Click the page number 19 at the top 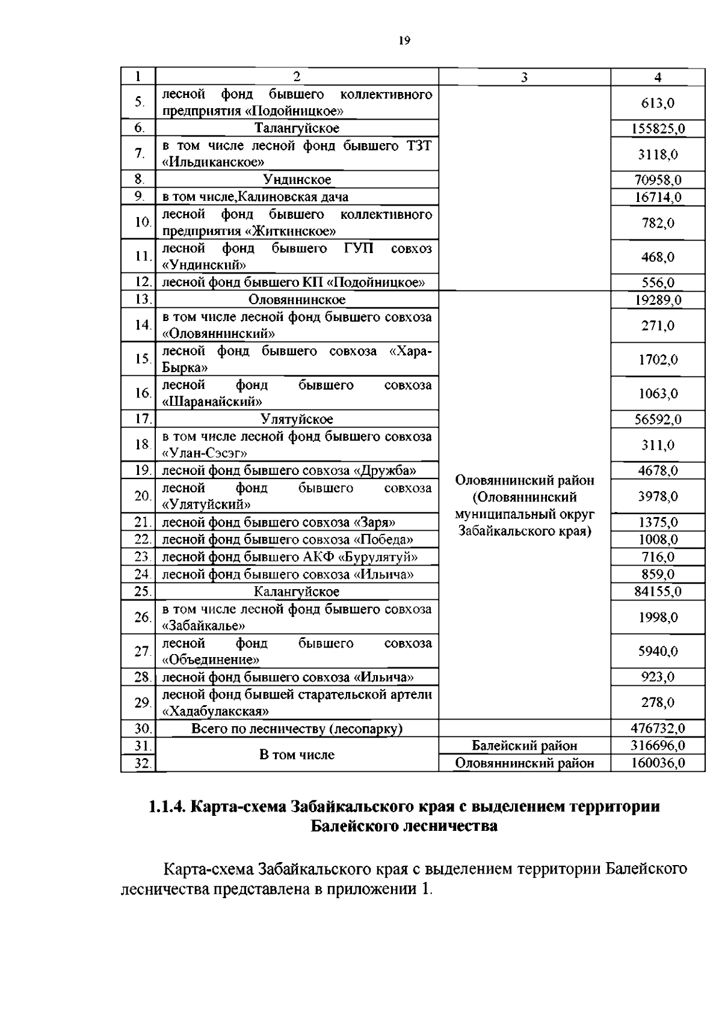click(404, 41)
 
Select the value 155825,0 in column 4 click(658, 129)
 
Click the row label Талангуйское click(297, 128)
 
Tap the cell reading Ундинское click(297, 180)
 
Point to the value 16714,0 click(658, 197)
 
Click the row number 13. click(141, 299)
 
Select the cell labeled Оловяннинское click(297, 299)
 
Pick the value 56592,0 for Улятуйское click(658, 419)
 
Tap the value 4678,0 click(658, 471)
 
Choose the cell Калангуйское click(297, 592)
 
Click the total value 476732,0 click(658, 729)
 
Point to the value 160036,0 click(658, 763)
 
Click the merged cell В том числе click(297, 754)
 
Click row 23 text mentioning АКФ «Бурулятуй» click(289, 557)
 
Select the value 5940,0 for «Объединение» click(658, 651)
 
